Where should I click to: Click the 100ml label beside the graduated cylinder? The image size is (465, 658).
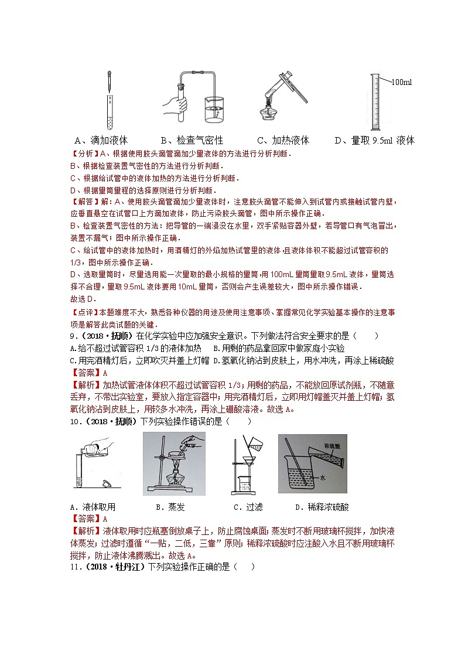pos(401,82)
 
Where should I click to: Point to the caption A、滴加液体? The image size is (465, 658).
pos(101,141)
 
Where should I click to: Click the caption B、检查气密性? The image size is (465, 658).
pos(192,141)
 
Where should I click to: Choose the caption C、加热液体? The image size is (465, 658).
pos(283,141)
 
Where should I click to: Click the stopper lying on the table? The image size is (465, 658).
pos(107,485)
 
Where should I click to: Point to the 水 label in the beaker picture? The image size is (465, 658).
pos(323,478)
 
